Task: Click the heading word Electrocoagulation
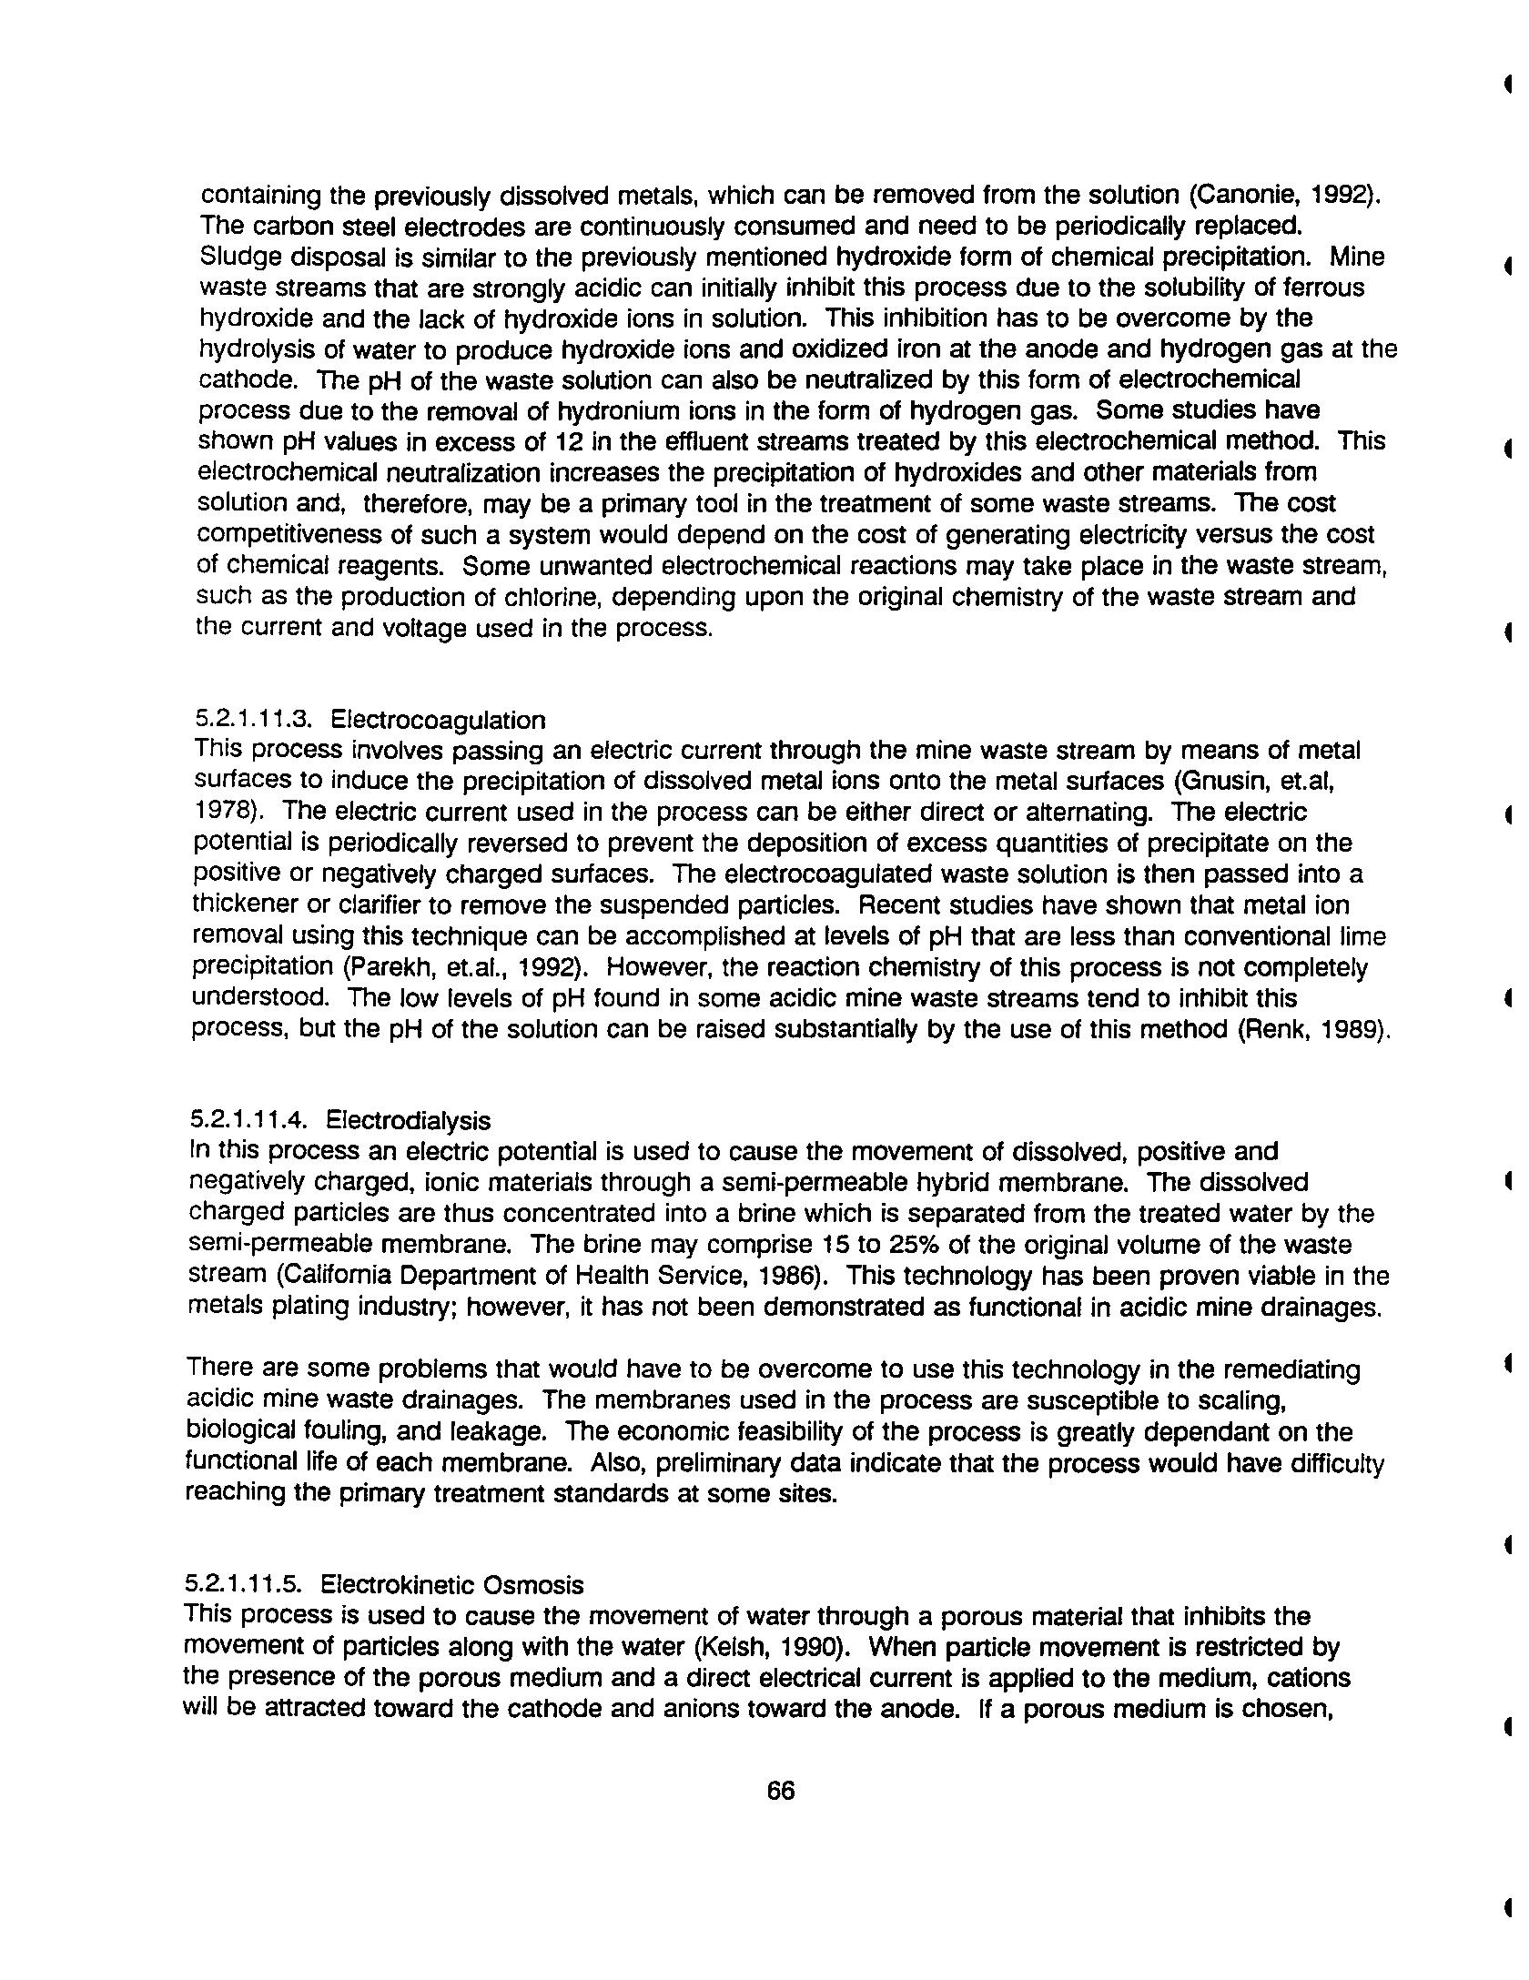coord(438,721)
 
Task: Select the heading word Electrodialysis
coord(408,1120)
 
